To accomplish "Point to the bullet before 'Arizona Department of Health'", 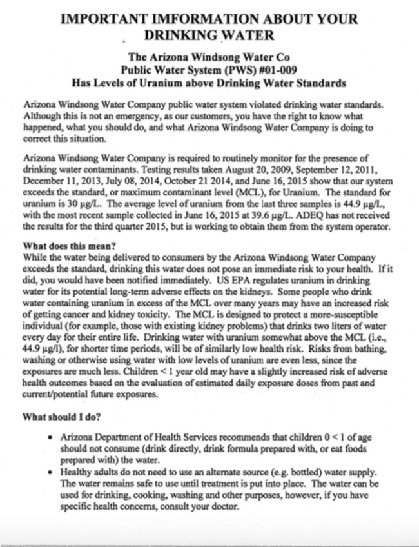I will [x=51, y=438].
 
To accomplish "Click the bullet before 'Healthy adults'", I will [x=51, y=472].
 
